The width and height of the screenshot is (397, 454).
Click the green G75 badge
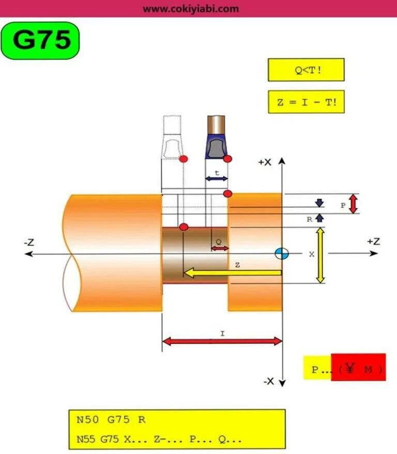point(40,40)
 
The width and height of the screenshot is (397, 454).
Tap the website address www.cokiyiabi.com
point(191,8)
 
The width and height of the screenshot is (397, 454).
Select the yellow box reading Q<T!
point(306,70)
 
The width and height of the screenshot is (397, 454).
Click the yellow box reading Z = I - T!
point(306,102)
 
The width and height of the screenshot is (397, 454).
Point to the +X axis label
point(265,162)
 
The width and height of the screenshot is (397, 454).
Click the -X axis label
point(268,381)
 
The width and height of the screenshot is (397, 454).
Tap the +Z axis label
point(373,241)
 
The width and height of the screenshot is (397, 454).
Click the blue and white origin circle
point(282,253)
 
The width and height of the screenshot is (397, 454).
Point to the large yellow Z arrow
point(233,273)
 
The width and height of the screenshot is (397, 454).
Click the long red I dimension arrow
point(222,341)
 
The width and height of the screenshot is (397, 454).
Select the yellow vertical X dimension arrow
point(320,255)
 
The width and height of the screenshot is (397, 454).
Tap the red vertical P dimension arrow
point(353,204)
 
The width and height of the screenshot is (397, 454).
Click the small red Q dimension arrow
point(220,249)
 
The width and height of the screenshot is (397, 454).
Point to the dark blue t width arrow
point(217,178)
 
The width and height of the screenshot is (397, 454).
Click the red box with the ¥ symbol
point(358,367)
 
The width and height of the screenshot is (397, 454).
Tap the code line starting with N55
point(159,439)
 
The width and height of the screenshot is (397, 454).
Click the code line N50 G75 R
point(111,419)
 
